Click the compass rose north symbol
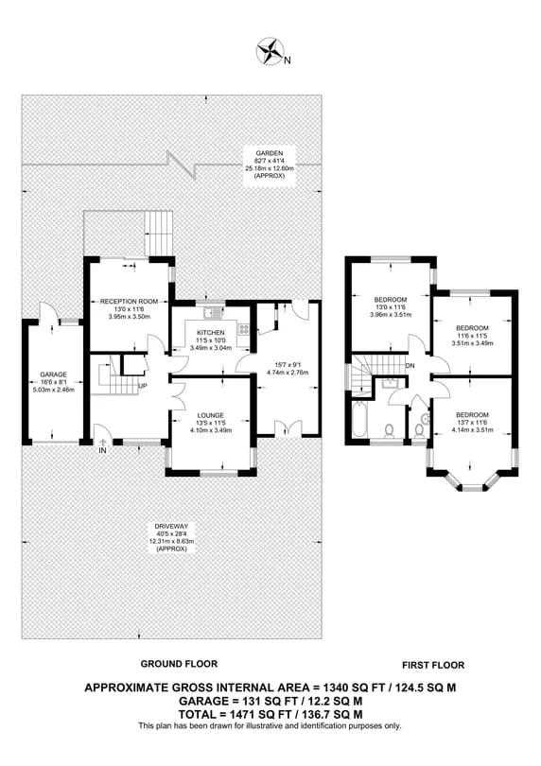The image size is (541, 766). click(270, 52)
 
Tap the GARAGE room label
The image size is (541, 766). click(54, 374)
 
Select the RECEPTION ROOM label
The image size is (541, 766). click(125, 302)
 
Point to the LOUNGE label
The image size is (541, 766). click(211, 415)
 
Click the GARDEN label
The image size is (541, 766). click(270, 153)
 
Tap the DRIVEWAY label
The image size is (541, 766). click(171, 526)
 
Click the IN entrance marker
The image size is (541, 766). click(103, 451)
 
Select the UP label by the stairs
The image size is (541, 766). click(143, 387)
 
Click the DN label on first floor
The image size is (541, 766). click(410, 365)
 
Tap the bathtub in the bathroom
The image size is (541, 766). click(359, 420)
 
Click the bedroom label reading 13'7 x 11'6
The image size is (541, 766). click(473, 423)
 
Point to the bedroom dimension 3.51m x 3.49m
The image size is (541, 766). click(472, 343)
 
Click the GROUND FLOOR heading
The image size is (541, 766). click(179, 664)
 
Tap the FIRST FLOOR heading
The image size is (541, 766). click(433, 665)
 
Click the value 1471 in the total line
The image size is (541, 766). click(226, 714)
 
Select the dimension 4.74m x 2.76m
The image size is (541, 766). click(288, 373)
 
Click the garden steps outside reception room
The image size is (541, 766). click(159, 233)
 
